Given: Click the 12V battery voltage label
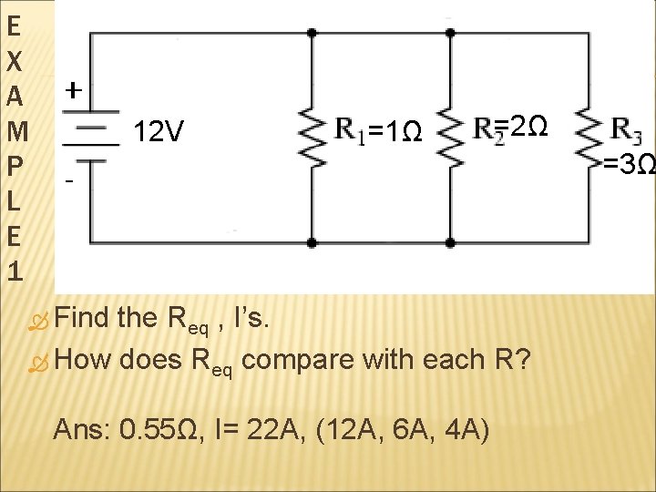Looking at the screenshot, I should coord(159,134).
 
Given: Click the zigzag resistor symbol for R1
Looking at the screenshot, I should coord(313,138).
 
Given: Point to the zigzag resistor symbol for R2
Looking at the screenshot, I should coord(449,138).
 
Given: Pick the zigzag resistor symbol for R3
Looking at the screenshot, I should coord(588,138).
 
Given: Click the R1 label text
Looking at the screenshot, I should coord(350,131).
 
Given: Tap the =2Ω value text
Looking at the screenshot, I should coord(523,126).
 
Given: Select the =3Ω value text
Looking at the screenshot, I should coord(630,165).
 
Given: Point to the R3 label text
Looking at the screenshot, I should coord(626,131).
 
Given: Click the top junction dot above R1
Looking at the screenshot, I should coord(313,33).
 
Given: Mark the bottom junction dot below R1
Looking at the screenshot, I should coord(313,243).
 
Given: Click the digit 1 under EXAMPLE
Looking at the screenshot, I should coord(13,271).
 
